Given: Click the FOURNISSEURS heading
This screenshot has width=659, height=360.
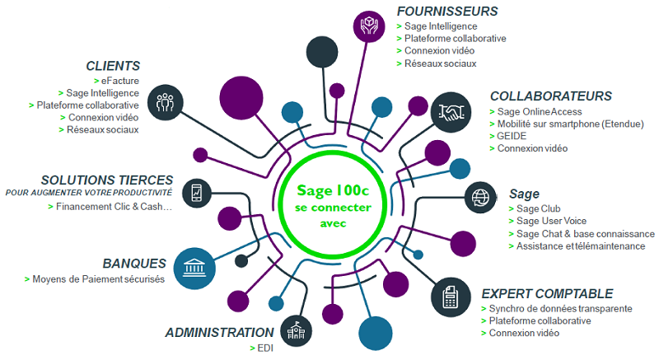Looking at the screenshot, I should tap(447, 12).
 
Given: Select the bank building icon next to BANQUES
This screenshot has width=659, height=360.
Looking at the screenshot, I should tap(195, 268).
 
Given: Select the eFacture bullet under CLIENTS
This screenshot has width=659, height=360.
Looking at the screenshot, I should tap(119, 81).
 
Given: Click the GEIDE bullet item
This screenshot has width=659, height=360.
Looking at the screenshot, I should tap(512, 136).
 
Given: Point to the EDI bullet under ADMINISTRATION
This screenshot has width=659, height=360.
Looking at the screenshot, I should tap(264, 348).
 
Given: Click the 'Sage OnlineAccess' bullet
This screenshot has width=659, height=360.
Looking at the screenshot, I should tap(539, 111).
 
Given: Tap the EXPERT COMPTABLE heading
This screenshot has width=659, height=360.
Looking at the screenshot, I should tap(547, 293).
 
